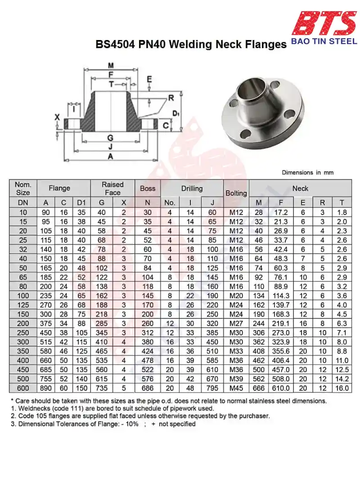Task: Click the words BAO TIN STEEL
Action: click(x=324, y=41)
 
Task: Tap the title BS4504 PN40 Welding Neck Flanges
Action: click(x=191, y=45)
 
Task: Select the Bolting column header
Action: click(x=236, y=193)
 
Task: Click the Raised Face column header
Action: click(x=112, y=188)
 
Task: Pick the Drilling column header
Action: click(x=192, y=188)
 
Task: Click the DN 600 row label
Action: click(x=23, y=388)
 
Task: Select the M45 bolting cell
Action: click(x=236, y=388)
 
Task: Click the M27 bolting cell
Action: click(x=236, y=323)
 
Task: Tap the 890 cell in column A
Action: click(x=45, y=388)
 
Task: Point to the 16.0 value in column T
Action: click(x=342, y=388)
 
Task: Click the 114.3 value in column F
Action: click(x=281, y=295)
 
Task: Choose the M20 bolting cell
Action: click(x=236, y=295)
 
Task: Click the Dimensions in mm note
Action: click(x=308, y=173)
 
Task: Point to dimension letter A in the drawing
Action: click(x=110, y=156)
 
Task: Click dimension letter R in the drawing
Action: click(x=171, y=98)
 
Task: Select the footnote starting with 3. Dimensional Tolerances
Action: click(x=103, y=424)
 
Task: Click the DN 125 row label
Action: click(x=23, y=305)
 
